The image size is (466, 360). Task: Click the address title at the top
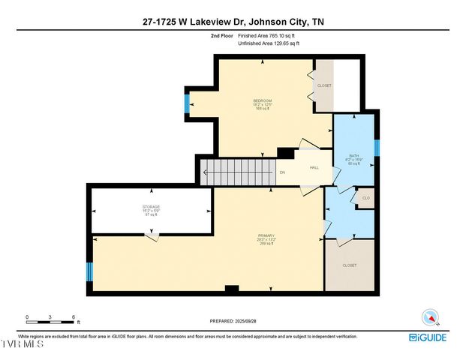(x=233, y=22)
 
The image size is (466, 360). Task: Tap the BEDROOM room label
(x=262, y=100)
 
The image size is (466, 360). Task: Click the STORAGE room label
(x=152, y=206)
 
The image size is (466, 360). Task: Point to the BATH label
(x=353, y=155)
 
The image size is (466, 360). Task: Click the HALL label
(x=314, y=167)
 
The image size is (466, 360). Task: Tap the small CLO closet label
(x=366, y=198)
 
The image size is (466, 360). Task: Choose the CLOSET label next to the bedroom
(x=324, y=85)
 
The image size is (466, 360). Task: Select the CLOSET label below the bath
(x=350, y=265)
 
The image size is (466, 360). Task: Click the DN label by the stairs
(x=282, y=173)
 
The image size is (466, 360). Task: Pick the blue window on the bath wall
(x=377, y=147)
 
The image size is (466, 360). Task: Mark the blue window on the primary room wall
(x=89, y=271)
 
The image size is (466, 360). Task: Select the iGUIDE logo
(x=428, y=337)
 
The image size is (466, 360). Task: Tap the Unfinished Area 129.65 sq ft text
(x=269, y=43)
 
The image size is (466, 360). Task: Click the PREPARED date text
(x=233, y=322)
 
